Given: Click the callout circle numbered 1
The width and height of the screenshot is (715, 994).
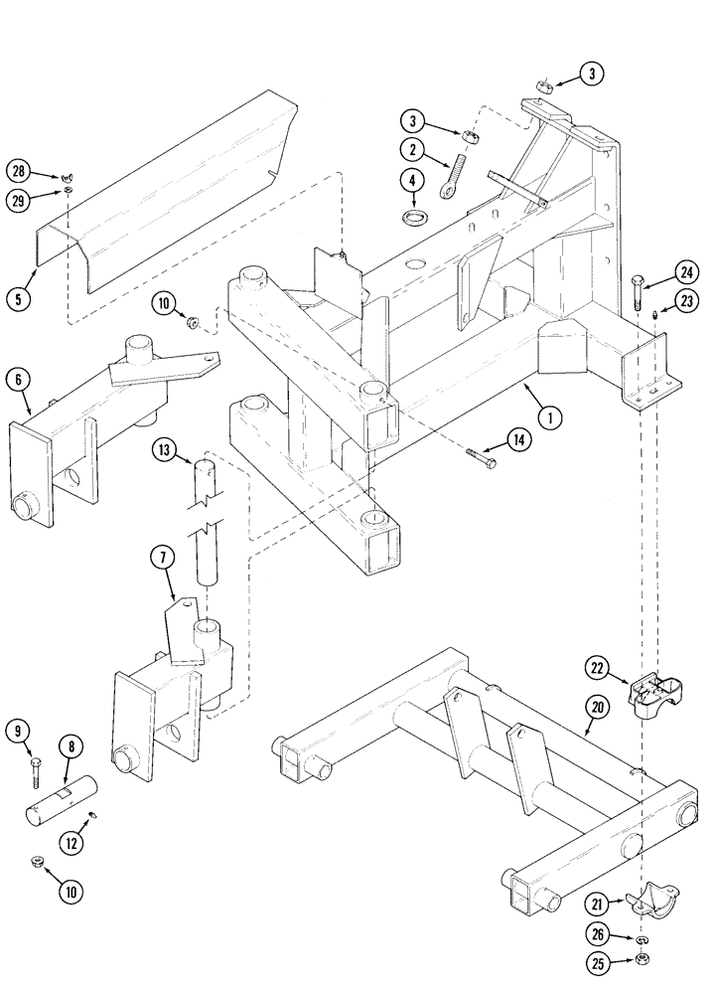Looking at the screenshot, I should pyautogui.click(x=545, y=418).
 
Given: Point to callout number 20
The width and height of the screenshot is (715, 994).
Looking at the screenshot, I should pyautogui.click(x=596, y=708).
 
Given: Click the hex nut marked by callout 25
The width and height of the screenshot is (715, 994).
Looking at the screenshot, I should pyautogui.click(x=643, y=959).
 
